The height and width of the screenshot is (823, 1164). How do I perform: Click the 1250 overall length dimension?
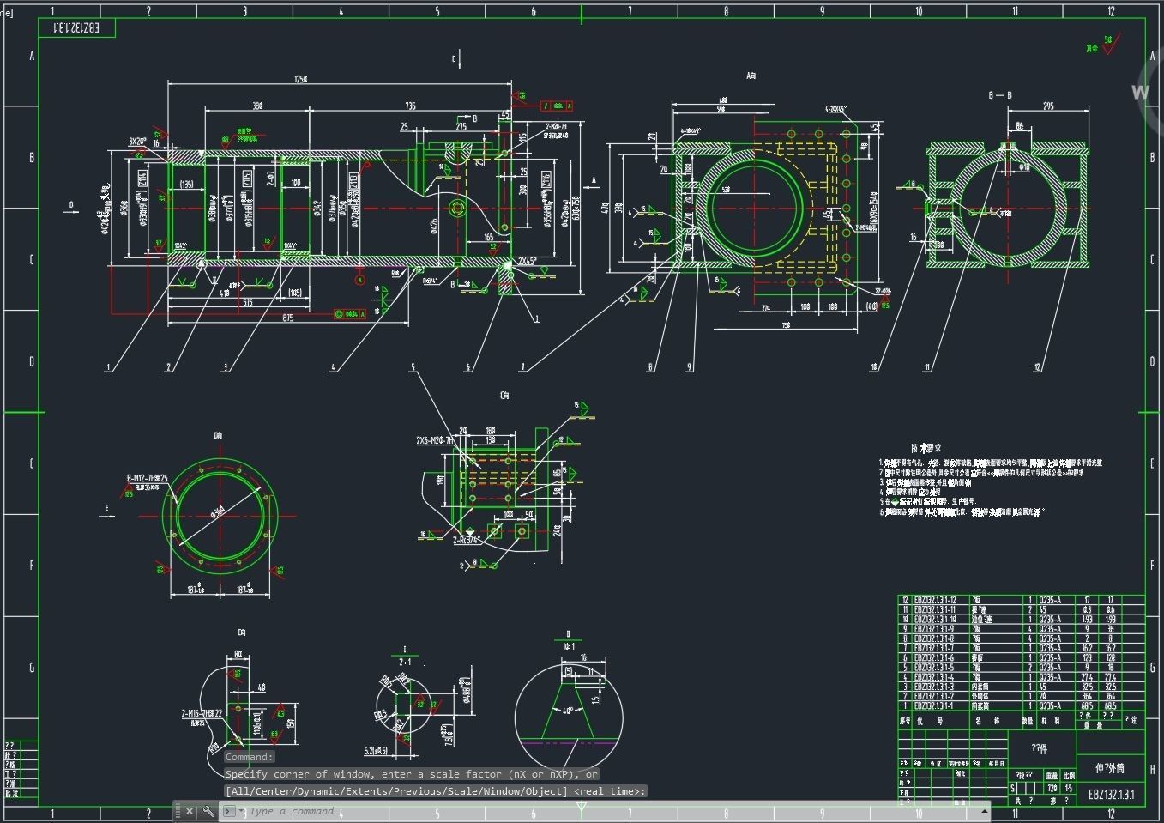click(300, 79)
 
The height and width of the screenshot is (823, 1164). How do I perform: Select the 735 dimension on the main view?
click(410, 106)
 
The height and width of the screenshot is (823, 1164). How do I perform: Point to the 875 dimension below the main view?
click(287, 318)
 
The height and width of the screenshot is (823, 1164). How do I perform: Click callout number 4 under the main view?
click(333, 367)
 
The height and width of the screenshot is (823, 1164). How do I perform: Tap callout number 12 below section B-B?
click(1037, 367)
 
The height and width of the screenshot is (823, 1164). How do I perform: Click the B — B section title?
click(1000, 95)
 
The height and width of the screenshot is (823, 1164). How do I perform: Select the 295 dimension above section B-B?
click(1048, 106)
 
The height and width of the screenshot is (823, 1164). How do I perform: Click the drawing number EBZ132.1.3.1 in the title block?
click(1111, 795)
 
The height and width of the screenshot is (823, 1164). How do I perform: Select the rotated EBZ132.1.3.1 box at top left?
click(76, 28)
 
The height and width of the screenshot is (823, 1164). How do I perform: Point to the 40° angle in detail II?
click(567, 711)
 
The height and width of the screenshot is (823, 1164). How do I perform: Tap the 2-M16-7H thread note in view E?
click(202, 714)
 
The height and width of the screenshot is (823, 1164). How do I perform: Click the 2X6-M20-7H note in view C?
click(435, 440)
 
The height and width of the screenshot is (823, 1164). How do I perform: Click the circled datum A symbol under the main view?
click(360, 280)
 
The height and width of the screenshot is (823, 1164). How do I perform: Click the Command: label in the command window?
click(249, 757)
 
